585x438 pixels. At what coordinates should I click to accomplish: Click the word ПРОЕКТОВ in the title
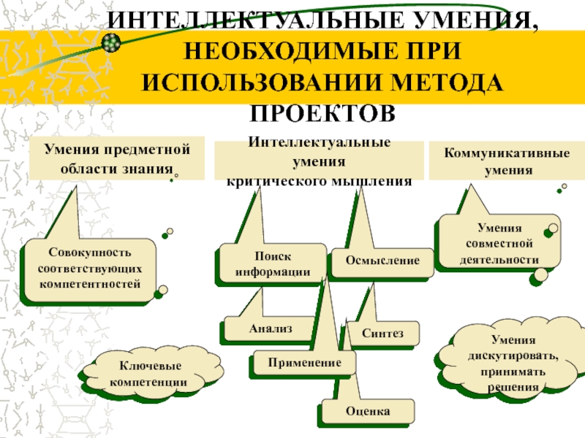click(x=322, y=113)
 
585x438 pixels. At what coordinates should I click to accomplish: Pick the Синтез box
click(x=382, y=333)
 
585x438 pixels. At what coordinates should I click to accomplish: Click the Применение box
click(x=304, y=362)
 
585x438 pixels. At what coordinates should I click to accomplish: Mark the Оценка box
click(x=367, y=412)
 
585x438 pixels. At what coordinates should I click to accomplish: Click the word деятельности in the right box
click(x=499, y=259)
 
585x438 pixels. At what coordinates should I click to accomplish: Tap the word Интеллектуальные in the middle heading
click(x=319, y=143)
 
